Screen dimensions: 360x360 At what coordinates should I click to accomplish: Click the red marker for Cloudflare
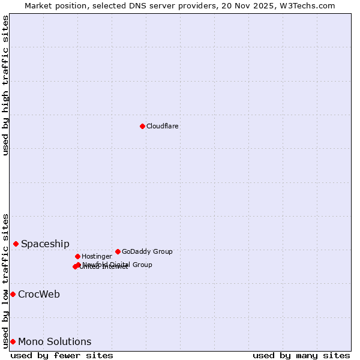(142, 126)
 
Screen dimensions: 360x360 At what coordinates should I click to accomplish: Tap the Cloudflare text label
(162, 127)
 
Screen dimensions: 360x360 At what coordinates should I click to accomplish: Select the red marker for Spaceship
(16, 244)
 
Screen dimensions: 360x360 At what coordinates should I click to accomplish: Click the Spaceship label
(45, 244)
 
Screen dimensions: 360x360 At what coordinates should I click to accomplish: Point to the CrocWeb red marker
(13, 294)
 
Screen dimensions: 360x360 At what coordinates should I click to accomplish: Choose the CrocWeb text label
(38, 295)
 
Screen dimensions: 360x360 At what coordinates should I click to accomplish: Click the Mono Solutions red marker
(13, 341)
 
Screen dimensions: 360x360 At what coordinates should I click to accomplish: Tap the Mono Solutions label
(55, 342)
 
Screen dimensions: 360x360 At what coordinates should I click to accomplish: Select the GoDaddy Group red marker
(118, 251)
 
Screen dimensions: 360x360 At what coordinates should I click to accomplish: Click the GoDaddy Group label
(147, 252)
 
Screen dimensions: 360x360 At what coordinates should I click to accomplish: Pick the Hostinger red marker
(77, 256)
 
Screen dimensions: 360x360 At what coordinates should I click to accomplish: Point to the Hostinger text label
(97, 257)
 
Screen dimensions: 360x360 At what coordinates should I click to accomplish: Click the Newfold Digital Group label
(117, 265)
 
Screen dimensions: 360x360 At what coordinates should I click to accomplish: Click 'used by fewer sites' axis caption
(62, 355)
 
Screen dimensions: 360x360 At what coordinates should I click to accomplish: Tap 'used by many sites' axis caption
(301, 355)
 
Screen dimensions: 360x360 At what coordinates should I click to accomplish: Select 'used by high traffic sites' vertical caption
(5, 85)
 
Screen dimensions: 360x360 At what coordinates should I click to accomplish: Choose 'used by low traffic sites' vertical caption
(5, 280)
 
